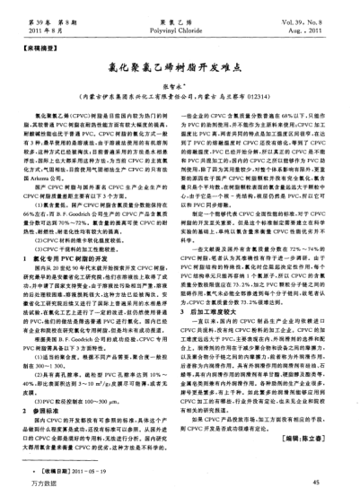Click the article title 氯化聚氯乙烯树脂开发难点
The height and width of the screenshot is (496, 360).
179,76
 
